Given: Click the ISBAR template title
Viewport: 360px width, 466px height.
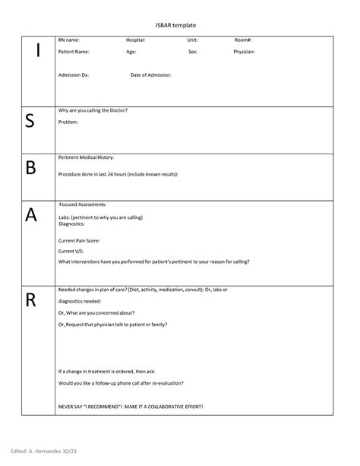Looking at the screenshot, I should click(x=179, y=26).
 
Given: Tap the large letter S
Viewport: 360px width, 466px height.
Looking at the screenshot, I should click(x=30, y=122).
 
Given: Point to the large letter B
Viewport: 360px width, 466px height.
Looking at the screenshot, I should click(x=30, y=168).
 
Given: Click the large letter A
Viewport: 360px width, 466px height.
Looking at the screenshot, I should click(x=30, y=215).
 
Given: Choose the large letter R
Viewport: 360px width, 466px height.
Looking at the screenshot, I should click(x=30, y=300).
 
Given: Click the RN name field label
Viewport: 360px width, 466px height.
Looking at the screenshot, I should click(x=74, y=40).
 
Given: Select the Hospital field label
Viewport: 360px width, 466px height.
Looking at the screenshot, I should click(x=136, y=40).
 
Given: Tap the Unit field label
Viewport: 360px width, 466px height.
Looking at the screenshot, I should click(x=192, y=40).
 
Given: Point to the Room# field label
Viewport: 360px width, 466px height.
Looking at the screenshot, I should click(x=244, y=40).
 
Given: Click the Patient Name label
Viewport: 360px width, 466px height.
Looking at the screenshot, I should click(x=74, y=52).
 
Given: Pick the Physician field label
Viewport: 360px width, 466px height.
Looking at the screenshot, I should click(x=244, y=52).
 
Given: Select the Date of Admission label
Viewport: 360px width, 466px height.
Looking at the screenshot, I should click(x=150, y=75).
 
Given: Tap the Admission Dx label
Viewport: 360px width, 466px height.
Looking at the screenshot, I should click(x=74, y=75).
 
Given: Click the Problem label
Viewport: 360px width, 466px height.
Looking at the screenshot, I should click(x=68, y=121).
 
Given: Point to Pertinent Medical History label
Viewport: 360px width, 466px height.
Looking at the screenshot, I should click(x=86, y=157).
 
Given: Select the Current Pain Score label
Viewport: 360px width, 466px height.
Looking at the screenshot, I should click(x=80, y=239).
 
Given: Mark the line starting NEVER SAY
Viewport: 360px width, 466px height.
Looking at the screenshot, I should click(x=131, y=407).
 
